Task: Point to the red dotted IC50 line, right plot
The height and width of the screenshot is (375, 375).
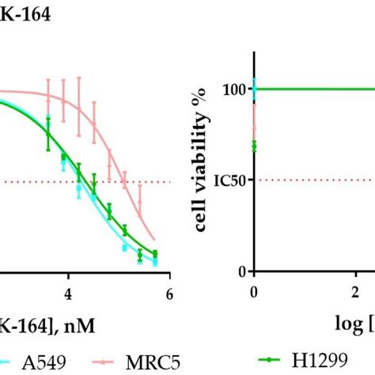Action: pyautogui.click(x=316, y=180)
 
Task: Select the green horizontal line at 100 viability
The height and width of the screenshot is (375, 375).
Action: pyautogui.click(x=316, y=89)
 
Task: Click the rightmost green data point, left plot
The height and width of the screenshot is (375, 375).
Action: pyautogui.click(x=155, y=255)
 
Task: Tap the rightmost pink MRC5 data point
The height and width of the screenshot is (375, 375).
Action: pyautogui.click(x=140, y=202)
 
